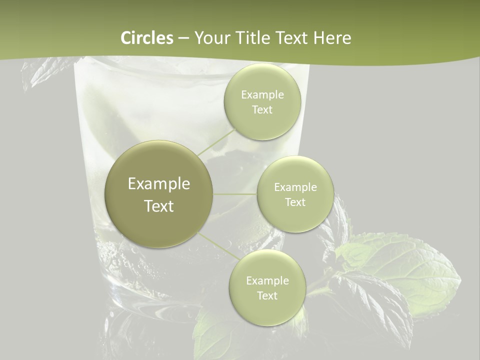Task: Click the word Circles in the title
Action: point(147,38)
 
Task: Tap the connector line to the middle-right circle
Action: point(235,194)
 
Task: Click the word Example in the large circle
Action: point(159,184)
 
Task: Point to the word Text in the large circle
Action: point(159,206)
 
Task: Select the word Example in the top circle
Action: point(262,95)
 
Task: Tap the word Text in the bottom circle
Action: point(267,295)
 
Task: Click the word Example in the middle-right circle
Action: point(295,187)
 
